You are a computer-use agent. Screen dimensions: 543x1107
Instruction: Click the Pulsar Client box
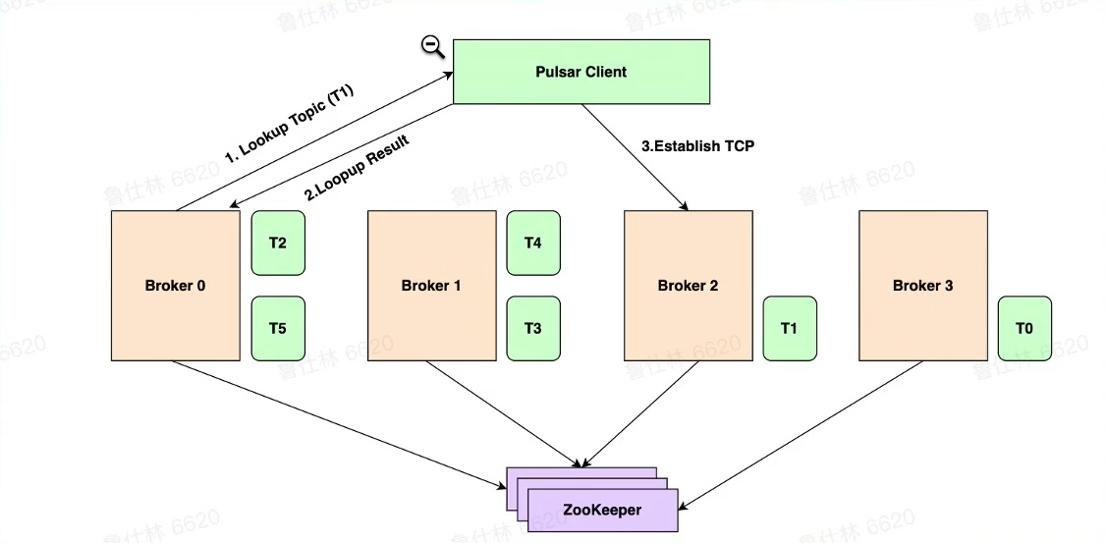pyautogui.click(x=581, y=72)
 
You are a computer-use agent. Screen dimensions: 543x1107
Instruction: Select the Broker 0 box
pyautogui.click(x=176, y=286)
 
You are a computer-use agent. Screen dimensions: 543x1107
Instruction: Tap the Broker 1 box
pyautogui.click(x=431, y=286)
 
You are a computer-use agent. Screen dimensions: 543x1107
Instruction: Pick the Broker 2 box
pyautogui.click(x=688, y=286)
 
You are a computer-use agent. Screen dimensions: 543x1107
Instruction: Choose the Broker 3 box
pyautogui.click(x=922, y=286)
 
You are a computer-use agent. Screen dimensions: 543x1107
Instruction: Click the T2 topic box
pyautogui.click(x=278, y=243)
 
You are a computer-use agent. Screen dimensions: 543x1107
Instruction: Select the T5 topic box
pyautogui.click(x=278, y=328)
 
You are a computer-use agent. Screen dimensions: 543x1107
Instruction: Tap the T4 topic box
pyautogui.click(x=533, y=243)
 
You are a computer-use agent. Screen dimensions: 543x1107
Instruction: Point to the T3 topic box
pyautogui.click(x=533, y=328)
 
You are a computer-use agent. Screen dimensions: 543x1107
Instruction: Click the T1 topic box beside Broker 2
pyautogui.click(x=789, y=328)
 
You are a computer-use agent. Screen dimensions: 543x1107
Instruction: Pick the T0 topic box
pyautogui.click(x=1024, y=328)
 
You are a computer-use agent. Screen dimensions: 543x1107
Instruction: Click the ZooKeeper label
pyautogui.click(x=603, y=511)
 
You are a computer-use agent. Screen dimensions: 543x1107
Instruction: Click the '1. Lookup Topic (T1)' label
pyautogui.click(x=289, y=125)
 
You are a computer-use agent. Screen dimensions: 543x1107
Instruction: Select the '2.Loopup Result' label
pyautogui.click(x=356, y=166)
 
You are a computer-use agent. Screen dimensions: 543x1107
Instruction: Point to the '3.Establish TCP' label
pyautogui.click(x=697, y=146)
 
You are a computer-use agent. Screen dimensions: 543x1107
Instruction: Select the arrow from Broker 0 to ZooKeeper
pyautogui.click(x=334, y=422)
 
